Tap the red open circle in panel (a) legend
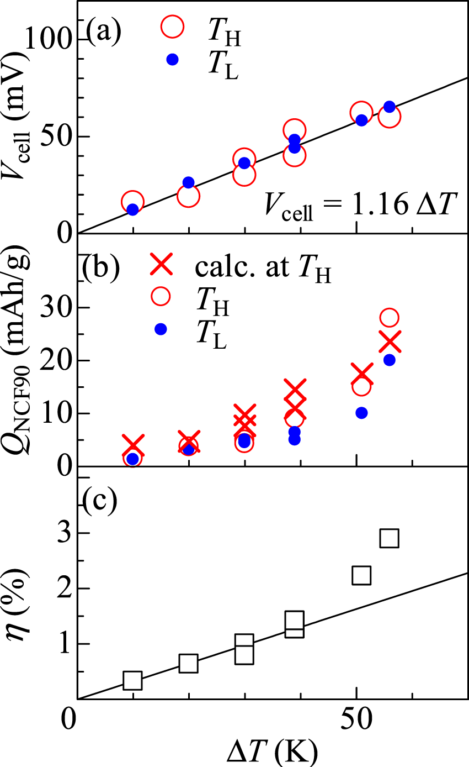pos(172,27)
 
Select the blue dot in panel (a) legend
pos(172,60)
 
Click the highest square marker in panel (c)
pos(389,538)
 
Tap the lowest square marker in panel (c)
pos(132,680)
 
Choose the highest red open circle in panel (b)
pos(389,317)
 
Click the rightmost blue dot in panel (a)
pos(389,107)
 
